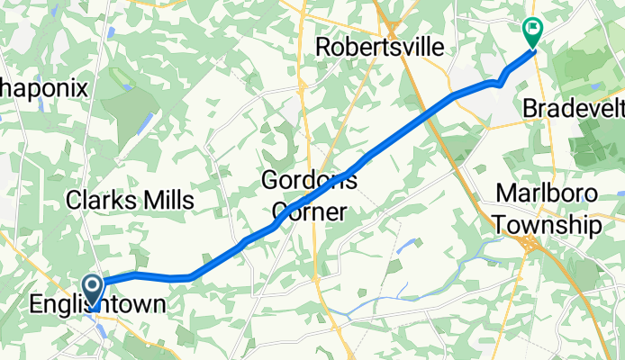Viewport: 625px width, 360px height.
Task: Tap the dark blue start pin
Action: [94, 292]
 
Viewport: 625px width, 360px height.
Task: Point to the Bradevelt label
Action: [574, 108]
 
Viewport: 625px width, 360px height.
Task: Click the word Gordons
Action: [309, 180]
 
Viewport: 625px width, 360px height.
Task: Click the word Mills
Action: [167, 200]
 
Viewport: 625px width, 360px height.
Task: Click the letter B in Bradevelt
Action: [530, 108]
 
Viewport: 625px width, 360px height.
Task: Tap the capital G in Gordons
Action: [269, 180]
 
